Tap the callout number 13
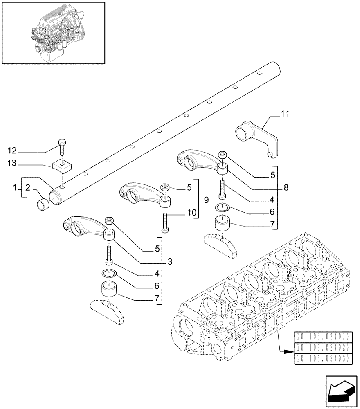13,164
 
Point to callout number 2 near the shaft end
27,188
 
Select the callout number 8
286,188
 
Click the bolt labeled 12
62,146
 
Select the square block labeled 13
62,165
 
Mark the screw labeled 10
164,223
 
